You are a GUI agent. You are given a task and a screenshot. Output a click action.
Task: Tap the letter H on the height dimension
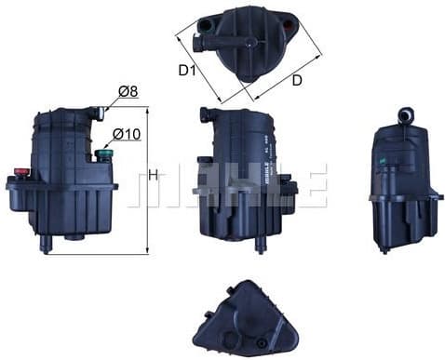(x=154, y=175)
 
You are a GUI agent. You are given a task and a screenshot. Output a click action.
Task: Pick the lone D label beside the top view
(x=296, y=80)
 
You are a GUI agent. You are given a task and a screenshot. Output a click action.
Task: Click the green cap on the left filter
(x=105, y=153)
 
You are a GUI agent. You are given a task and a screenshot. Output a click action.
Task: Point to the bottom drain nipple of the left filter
(x=45, y=245)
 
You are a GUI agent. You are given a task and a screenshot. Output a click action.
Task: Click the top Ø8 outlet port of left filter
(x=98, y=113)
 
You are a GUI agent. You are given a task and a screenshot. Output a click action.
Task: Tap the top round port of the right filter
(x=405, y=115)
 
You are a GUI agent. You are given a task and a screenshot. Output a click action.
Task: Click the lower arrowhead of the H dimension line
(x=147, y=251)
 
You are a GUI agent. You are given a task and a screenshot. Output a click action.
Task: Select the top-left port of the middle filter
(x=205, y=114)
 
